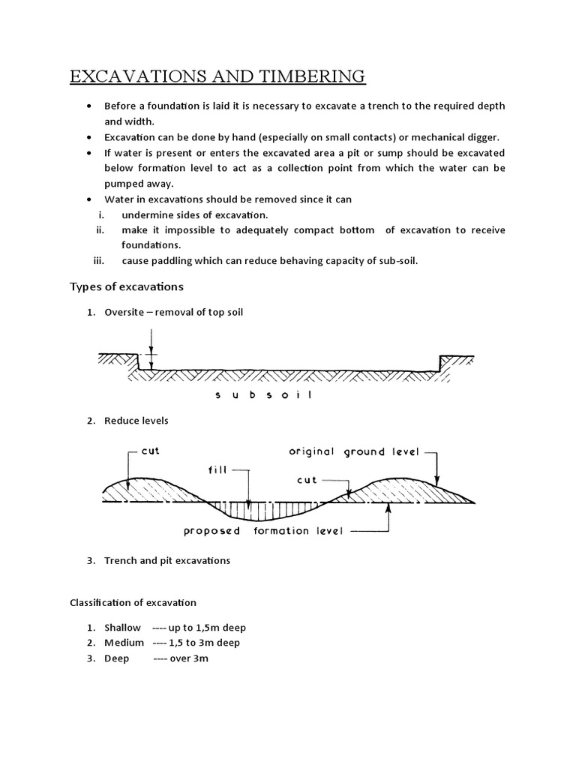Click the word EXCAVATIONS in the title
(133, 76)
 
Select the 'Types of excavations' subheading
(126, 286)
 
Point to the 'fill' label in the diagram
(217, 470)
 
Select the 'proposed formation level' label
(263, 531)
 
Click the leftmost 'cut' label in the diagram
(150, 452)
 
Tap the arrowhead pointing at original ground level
(438, 481)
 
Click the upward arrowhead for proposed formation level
(388, 508)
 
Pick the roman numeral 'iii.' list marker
(98, 260)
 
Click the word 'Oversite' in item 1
(126, 313)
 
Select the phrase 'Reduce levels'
(136, 421)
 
